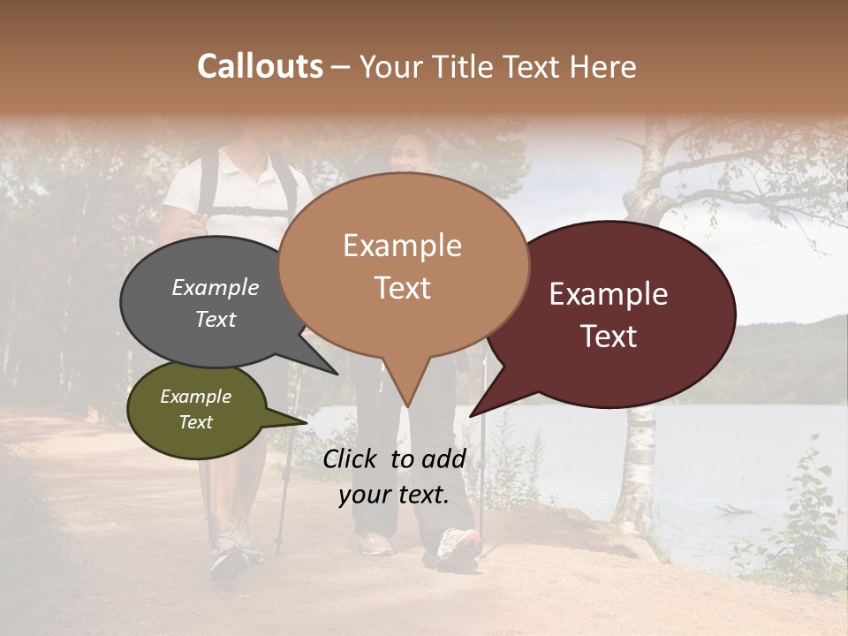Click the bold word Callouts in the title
tap(260, 66)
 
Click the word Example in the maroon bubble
tap(609, 294)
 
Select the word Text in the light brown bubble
tap(403, 288)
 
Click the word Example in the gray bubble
tap(215, 287)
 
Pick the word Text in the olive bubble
tap(195, 422)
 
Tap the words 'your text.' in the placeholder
tap(393, 495)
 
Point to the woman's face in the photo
tap(408, 155)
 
